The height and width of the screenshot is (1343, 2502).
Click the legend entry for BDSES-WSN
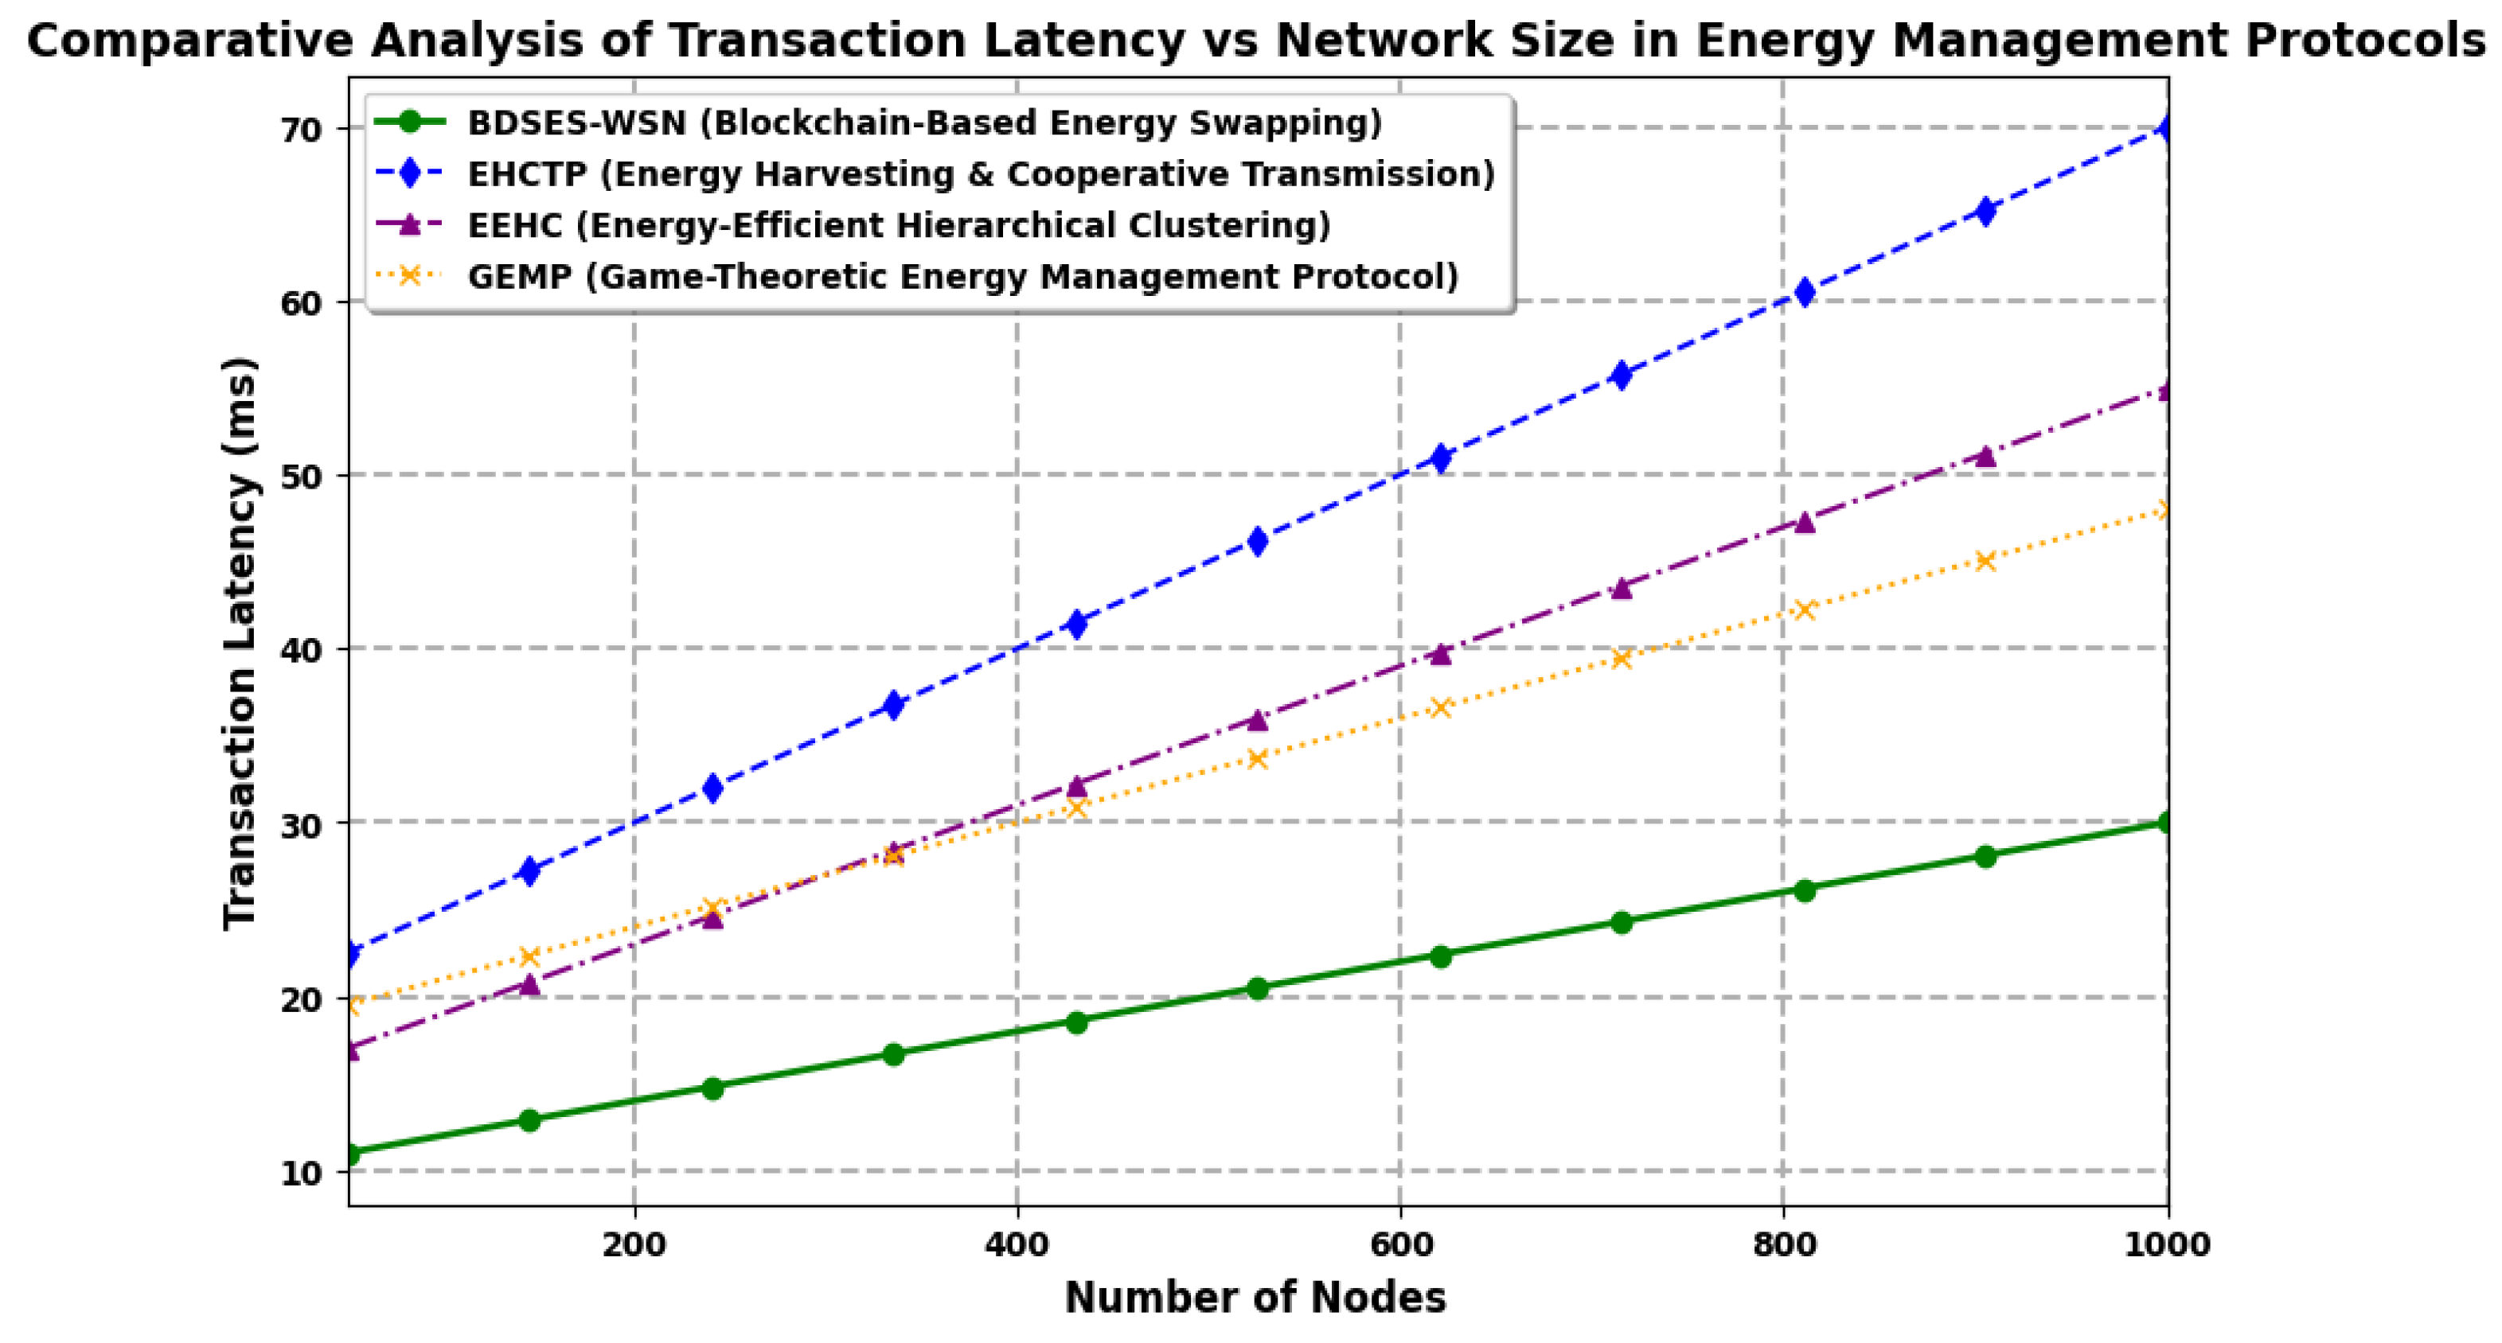pos(923,123)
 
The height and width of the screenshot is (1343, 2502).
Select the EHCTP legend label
pos(981,175)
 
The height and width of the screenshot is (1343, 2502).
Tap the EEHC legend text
pos(899,225)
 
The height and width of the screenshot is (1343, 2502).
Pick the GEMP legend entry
pos(962,277)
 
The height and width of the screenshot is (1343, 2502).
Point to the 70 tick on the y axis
pos(301,130)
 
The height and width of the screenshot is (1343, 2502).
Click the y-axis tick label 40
pos(301,650)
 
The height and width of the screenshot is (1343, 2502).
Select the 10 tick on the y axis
pos(301,1173)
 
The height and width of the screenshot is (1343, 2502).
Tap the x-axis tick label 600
pos(1399,1245)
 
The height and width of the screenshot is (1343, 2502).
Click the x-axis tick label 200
pos(634,1245)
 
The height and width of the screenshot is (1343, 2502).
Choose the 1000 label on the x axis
pos(2167,1245)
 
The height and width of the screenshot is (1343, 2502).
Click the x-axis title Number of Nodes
pos(1255,1298)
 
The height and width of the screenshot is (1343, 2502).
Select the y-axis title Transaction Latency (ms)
pos(240,643)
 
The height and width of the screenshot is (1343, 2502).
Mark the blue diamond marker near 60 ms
pos(1805,292)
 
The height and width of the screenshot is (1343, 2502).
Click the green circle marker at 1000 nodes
pos(2165,823)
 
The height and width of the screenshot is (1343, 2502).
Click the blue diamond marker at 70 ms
pos(2165,128)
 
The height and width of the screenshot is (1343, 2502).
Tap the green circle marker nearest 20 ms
pos(1257,989)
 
